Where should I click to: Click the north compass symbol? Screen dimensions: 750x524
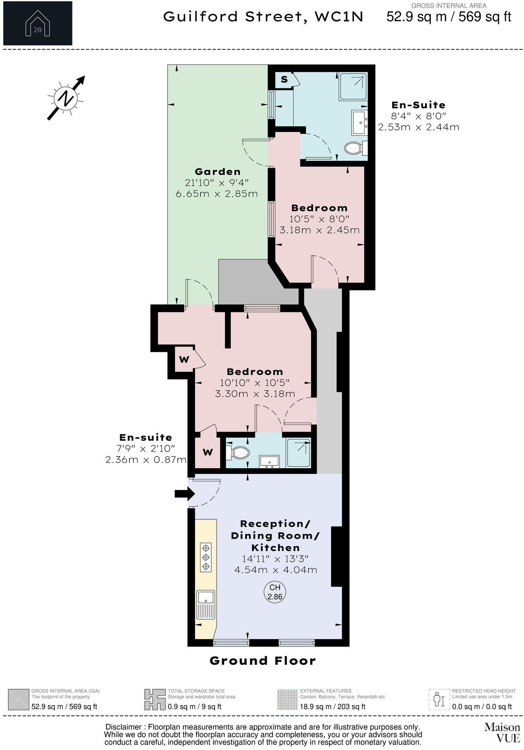[x=65, y=98]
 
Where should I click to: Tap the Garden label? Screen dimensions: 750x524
[x=217, y=172]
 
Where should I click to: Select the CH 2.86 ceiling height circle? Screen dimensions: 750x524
[x=275, y=592]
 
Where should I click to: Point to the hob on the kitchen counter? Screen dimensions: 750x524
[x=206, y=557]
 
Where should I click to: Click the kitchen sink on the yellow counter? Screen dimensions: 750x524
[x=206, y=605]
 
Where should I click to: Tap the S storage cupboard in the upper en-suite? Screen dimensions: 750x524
[x=285, y=80]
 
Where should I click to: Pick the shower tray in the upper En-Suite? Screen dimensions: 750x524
[x=353, y=86]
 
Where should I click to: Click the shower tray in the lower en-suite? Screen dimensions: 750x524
[x=299, y=453]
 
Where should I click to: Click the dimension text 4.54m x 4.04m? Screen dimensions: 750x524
[x=276, y=570]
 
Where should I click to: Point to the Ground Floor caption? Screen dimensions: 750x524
[x=263, y=661]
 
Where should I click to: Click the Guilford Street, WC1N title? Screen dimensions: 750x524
[x=263, y=17]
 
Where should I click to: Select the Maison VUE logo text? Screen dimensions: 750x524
[x=502, y=732]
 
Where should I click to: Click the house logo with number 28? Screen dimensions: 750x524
[x=37, y=23]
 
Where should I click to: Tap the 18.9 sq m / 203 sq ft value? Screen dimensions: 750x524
[x=333, y=706]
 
